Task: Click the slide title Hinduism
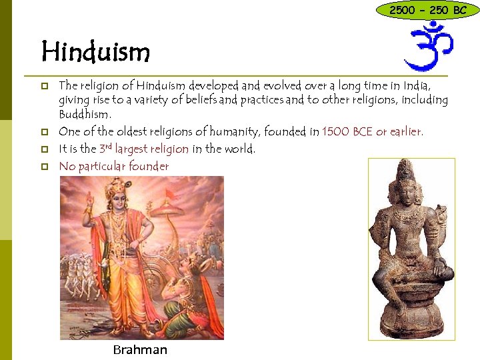click(x=95, y=51)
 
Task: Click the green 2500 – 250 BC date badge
click(x=427, y=10)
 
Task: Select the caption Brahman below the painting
click(x=140, y=350)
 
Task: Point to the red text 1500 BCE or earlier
click(x=372, y=131)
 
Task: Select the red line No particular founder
click(x=114, y=166)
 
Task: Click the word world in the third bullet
click(x=239, y=149)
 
